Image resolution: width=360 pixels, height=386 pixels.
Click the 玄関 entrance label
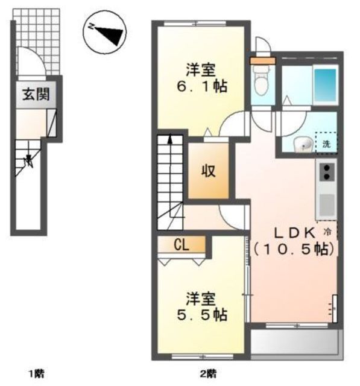tap(36, 94)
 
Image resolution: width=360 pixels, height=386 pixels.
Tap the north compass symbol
tap(104, 32)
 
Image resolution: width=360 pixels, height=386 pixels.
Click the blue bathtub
tap(325, 85)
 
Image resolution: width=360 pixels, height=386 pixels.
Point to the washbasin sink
tap(303, 144)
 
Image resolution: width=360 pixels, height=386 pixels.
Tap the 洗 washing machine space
tap(327, 143)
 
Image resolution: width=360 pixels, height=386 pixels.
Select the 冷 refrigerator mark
tap(327, 232)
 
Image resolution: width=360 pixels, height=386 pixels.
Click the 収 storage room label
tap(209, 171)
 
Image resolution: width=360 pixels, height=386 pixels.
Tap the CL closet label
tap(182, 245)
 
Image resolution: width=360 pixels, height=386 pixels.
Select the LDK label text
tap(295, 233)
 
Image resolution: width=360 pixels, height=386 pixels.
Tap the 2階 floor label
tap(208, 374)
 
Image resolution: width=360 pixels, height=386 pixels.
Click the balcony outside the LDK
tap(297, 342)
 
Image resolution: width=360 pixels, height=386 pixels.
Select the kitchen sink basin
tap(327, 204)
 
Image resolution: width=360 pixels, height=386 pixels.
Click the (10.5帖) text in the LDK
tap(294, 250)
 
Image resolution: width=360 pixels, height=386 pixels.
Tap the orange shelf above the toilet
tap(262, 61)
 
